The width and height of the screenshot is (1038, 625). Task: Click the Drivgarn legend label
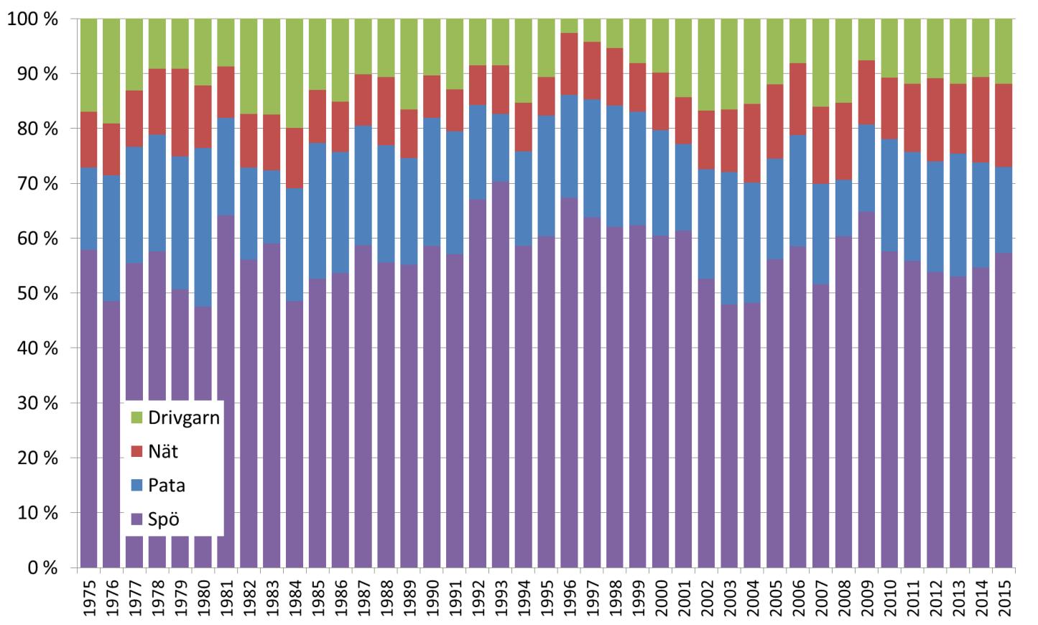pos(183,418)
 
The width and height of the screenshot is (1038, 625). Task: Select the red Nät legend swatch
pos(136,452)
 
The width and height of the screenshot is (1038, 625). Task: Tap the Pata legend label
pos(167,485)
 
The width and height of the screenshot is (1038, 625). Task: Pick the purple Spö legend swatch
pos(136,518)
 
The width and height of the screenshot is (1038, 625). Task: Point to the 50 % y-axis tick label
pos(32,294)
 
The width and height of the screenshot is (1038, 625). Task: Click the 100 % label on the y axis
pos(32,19)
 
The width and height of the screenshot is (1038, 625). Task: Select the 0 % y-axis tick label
pos(42,568)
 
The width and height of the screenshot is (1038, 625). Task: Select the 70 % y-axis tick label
pos(32,184)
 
